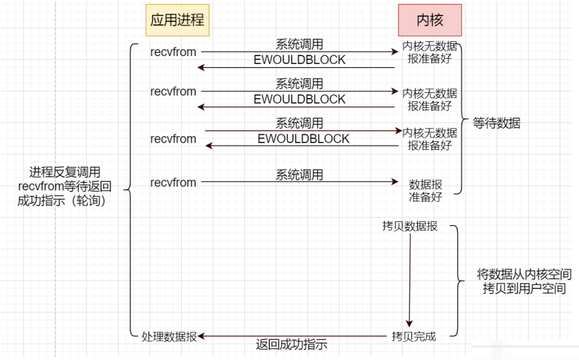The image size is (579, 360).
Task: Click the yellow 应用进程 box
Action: (x=177, y=19)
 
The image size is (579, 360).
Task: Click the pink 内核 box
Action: (x=429, y=19)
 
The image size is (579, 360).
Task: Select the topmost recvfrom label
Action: (x=173, y=52)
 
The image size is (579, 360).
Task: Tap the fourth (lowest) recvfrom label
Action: (x=173, y=183)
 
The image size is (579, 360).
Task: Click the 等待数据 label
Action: (x=496, y=123)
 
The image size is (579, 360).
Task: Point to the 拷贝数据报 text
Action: (x=409, y=226)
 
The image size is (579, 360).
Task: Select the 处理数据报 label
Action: (x=169, y=336)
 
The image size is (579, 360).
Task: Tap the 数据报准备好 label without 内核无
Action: (x=426, y=190)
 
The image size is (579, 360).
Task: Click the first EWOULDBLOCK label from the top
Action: (x=299, y=60)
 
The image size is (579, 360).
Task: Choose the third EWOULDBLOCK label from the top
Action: (x=303, y=139)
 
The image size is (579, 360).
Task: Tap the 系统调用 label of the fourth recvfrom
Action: (x=299, y=174)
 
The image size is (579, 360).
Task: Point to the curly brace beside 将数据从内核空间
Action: (x=456, y=281)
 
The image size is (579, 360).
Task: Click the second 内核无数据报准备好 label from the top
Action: (x=429, y=99)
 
